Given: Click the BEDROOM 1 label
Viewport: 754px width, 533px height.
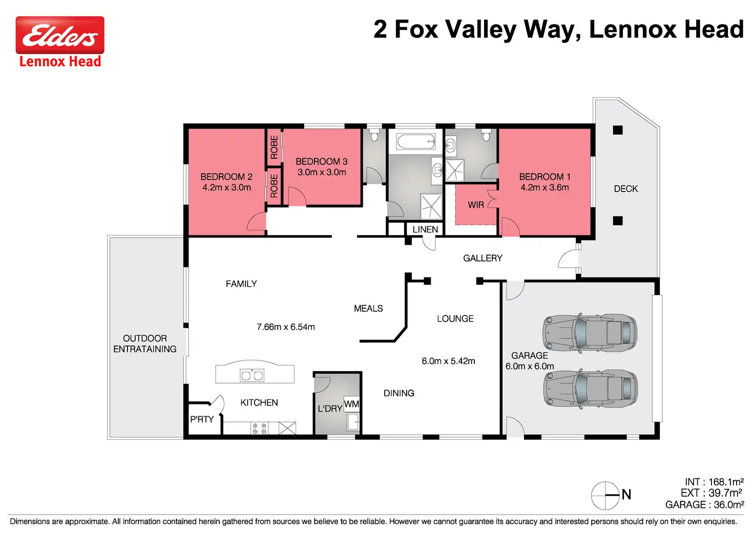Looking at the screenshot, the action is [x=544, y=177].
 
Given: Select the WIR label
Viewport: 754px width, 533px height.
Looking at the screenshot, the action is [x=476, y=205].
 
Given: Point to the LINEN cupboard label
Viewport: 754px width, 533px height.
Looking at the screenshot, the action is [x=425, y=229].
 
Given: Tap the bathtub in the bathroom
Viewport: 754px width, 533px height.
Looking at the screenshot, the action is [x=416, y=141].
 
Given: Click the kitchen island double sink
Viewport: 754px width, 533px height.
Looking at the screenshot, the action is [x=252, y=375].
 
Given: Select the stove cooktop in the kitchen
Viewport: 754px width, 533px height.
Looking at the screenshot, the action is [x=260, y=429].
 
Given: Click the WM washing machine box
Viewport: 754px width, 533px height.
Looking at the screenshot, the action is [x=351, y=404].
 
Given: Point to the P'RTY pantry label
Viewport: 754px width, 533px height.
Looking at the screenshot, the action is [x=202, y=420].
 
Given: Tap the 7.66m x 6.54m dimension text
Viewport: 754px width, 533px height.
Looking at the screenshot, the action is [x=286, y=327].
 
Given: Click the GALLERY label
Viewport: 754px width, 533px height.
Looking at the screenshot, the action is [x=483, y=258].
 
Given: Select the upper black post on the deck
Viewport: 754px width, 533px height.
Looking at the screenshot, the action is [x=618, y=130].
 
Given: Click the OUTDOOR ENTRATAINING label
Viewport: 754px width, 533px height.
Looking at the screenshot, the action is [x=145, y=344].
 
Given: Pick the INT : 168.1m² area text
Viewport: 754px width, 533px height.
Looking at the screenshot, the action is [x=714, y=482].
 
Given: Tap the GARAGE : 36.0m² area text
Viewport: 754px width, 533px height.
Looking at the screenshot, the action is [x=705, y=505].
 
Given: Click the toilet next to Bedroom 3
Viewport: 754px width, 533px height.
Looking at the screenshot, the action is [x=374, y=136].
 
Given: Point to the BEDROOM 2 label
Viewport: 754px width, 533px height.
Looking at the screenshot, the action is [x=226, y=177].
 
